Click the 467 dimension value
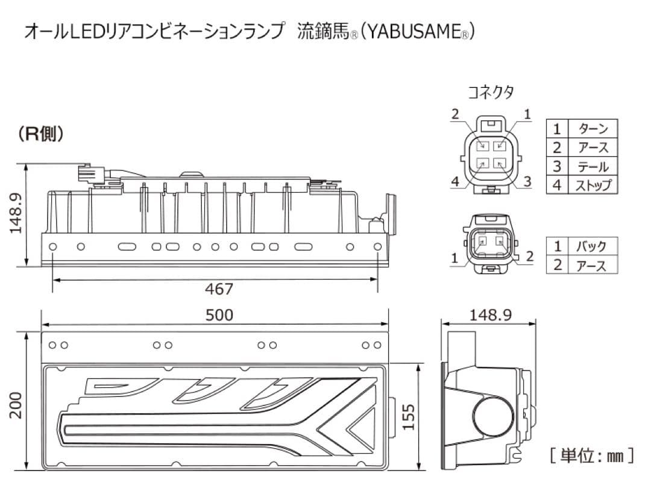pos(219,289)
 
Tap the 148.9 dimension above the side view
pos(490,315)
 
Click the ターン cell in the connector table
pos(593,128)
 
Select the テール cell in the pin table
pos(593,166)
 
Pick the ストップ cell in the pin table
pos(593,185)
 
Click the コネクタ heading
pos(491,92)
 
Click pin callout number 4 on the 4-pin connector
pos(455,181)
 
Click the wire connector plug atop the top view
pos(87,174)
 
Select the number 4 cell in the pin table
pos(557,185)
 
